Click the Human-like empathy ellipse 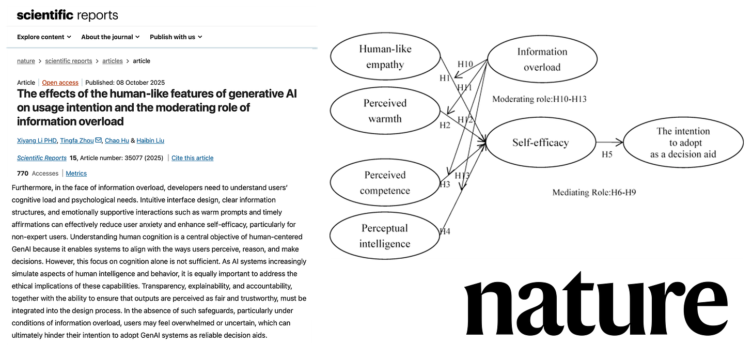[x=385, y=57]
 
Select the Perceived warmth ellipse [x=385, y=111]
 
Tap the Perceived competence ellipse [x=385, y=183]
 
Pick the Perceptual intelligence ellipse [x=385, y=236]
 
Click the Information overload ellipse [x=542, y=59]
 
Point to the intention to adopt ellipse [x=683, y=142]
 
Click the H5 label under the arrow [x=607, y=154]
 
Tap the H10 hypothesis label [x=465, y=64]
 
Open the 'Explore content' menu [x=43, y=37]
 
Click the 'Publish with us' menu [x=176, y=37]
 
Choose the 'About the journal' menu [x=111, y=37]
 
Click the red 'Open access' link [x=60, y=83]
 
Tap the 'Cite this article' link [x=192, y=158]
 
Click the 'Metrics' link [x=76, y=174]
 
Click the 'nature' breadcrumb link [x=26, y=61]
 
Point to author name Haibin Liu [x=150, y=140]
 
